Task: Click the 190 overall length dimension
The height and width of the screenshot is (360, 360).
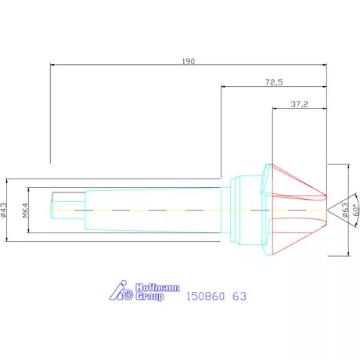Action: point(188,59)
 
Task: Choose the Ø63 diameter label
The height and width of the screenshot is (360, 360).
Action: point(345,210)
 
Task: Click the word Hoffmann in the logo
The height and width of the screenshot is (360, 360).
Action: point(148,287)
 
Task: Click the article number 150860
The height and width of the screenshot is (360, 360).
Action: point(206,297)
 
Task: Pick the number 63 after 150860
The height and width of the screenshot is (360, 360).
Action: point(239,297)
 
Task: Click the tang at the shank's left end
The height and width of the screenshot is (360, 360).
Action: point(66,210)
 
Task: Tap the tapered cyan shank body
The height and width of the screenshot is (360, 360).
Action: point(157,210)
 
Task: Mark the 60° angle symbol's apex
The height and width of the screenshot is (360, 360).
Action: point(328,210)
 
